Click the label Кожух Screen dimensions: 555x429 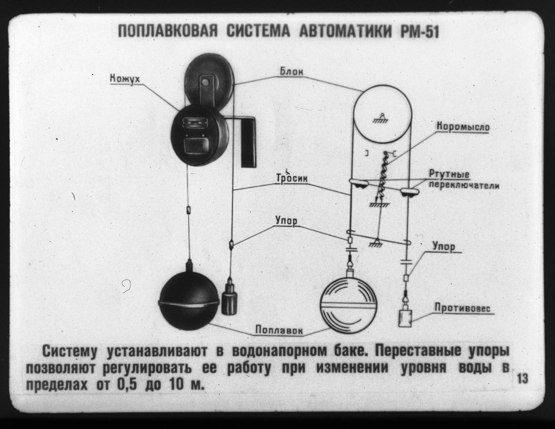pos(125,78)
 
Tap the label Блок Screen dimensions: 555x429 pos(292,72)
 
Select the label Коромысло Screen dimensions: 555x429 pos(463,127)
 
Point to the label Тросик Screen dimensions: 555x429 pos(292,178)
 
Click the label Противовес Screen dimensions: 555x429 pos(462,308)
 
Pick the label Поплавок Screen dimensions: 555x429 pos(279,330)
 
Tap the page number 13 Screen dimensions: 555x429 pos(522,379)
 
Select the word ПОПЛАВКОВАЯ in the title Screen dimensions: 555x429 pos(168,31)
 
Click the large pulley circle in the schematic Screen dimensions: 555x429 pos(382,114)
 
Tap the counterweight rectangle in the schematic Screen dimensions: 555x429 pos(405,318)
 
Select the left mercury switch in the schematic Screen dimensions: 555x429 pos(359,184)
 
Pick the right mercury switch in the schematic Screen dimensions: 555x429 pos(409,191)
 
